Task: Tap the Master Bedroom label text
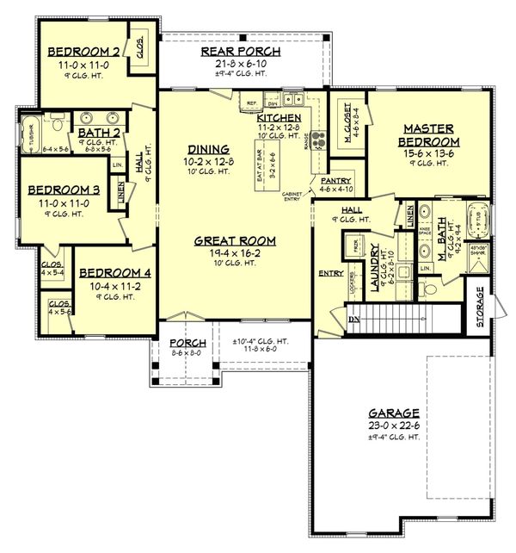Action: click(429, 135)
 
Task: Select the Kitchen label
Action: click(279, 117)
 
